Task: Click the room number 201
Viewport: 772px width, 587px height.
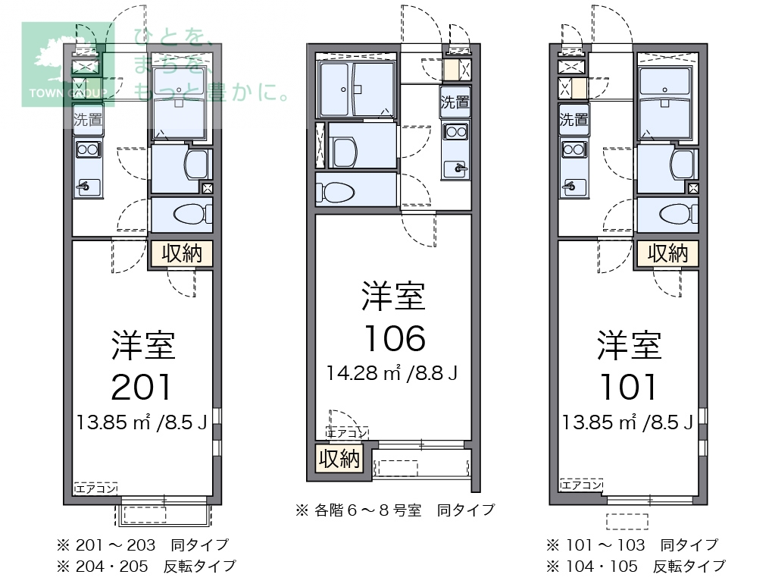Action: pos(142,388)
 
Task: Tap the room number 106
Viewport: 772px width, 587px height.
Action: pos(394,338)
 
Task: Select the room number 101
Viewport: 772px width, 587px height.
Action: pos(627,388)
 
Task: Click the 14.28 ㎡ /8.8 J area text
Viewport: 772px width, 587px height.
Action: pos(392,373)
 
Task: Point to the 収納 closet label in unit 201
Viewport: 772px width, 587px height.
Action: pos(182,253)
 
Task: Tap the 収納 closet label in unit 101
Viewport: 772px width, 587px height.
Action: pos(667,253)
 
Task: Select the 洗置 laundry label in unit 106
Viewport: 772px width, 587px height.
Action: pos(455,102)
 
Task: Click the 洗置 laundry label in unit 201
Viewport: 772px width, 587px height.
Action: pos(88,119)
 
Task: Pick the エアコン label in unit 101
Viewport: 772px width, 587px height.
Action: pos(582,485)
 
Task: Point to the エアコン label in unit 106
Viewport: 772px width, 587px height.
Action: pos(347,433)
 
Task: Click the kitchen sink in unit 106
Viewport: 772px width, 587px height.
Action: pos(457,166)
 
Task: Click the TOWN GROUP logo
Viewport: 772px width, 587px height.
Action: pos(67,64)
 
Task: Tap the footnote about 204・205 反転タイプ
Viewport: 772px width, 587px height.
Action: pos(146,566)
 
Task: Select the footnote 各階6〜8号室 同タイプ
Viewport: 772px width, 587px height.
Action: pos(395,510)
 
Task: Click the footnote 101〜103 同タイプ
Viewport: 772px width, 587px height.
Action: pos(632,545)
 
